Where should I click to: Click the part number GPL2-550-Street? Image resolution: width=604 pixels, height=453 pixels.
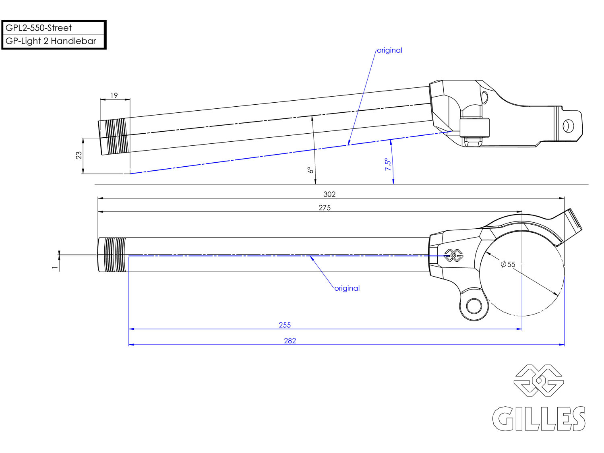point(39,28)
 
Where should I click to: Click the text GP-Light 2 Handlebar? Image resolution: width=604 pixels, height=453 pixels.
point(51,41)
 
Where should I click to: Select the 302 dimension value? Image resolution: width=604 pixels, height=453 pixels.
point(329,194)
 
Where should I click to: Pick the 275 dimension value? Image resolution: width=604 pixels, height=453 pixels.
point(325,208)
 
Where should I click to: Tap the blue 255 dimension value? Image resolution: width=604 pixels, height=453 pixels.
point(285,325)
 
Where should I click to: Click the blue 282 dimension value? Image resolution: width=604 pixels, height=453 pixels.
point(290,341)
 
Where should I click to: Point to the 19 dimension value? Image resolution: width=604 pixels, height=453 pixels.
point(114,95)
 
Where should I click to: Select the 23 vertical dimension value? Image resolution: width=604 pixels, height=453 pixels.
point(79,155)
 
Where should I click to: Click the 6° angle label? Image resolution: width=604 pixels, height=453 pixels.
point(310,170)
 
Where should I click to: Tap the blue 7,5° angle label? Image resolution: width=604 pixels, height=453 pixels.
point(388,164)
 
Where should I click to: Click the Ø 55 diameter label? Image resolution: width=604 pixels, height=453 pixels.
point(508,265)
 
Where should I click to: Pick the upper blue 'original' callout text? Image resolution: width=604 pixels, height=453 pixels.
point(389,50)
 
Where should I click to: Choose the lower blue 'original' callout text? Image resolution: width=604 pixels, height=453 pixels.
point(347,288)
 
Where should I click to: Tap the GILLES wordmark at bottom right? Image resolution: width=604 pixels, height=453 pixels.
point(539,419)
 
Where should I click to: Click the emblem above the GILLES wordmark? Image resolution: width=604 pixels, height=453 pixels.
point(539,381)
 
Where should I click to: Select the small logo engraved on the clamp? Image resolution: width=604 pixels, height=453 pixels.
point(453,255)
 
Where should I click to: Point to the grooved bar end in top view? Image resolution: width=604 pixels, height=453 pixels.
point(112,255)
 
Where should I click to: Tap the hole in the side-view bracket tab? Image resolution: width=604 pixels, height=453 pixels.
point(568,126)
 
